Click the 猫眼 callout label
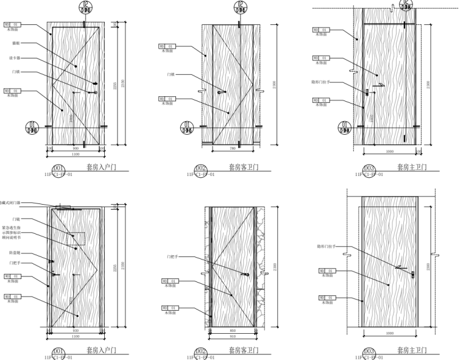pyautogui.click(x=16, y=43)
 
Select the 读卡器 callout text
pyautogui.click(x=15, y=58)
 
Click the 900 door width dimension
pyautogui.click(x=76, y=148)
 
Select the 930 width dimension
pyautogui.click(x=76, y=330)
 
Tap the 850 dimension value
pyautogui.click(x=232, y=330)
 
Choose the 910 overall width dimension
pyautogui.click(x=232, y=336)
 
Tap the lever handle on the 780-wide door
pyautogui.click(x=221, y=93)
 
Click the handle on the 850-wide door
pyautogui.click(x=246, y=275)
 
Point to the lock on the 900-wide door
pyautogui.click(x=96, y=92)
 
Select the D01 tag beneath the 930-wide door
pyautogui.click(x=58, y=351)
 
